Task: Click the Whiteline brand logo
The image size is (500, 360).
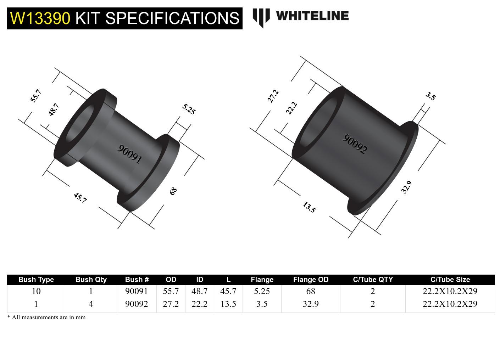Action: pyautogui.click(x=301, y=17)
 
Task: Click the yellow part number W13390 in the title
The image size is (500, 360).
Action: pyautogui.click(x=40, y=18)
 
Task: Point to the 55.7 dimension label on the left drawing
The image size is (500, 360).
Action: pyautogui.click(x=36, y=96)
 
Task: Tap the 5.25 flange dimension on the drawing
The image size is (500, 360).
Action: pyautogui.click(x=189, y=109)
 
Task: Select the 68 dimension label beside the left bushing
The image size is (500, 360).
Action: pyautogui.click(x=173, y=191)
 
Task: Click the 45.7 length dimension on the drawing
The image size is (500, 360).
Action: pyautogui.click(x=80, y=198)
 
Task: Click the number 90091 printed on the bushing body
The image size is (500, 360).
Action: pyautogui.click(x=130, y=154)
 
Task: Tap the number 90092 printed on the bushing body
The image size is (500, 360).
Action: pyautogui.click(x=355, y=144)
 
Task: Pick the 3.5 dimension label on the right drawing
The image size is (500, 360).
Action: pyautogui.click(x=430, y=96)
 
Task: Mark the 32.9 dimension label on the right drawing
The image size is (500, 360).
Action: pyautogui.click(x=406, y=187)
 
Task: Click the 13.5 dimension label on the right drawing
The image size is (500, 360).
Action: pyautogui.click(x=309, y=207)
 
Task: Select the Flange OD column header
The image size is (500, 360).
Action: pyautogui.click(x=311, y=280)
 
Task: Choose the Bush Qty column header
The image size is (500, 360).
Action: pyautogui.click(x=91, y=280)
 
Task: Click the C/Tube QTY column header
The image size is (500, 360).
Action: pyautogui.click(x=373, y=280)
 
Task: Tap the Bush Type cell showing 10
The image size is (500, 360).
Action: pyautogui.click(x=36, y=291)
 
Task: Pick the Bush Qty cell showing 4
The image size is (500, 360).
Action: pyautogui.click(x=91, y=304)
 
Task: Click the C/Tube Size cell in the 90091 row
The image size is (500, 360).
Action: pyautogui.click(x=450, y=291)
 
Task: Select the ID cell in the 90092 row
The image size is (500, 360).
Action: pyautogui.click(x=199, y=304)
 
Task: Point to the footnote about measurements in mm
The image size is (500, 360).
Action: pyautogui.click(x=46, y=317)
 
